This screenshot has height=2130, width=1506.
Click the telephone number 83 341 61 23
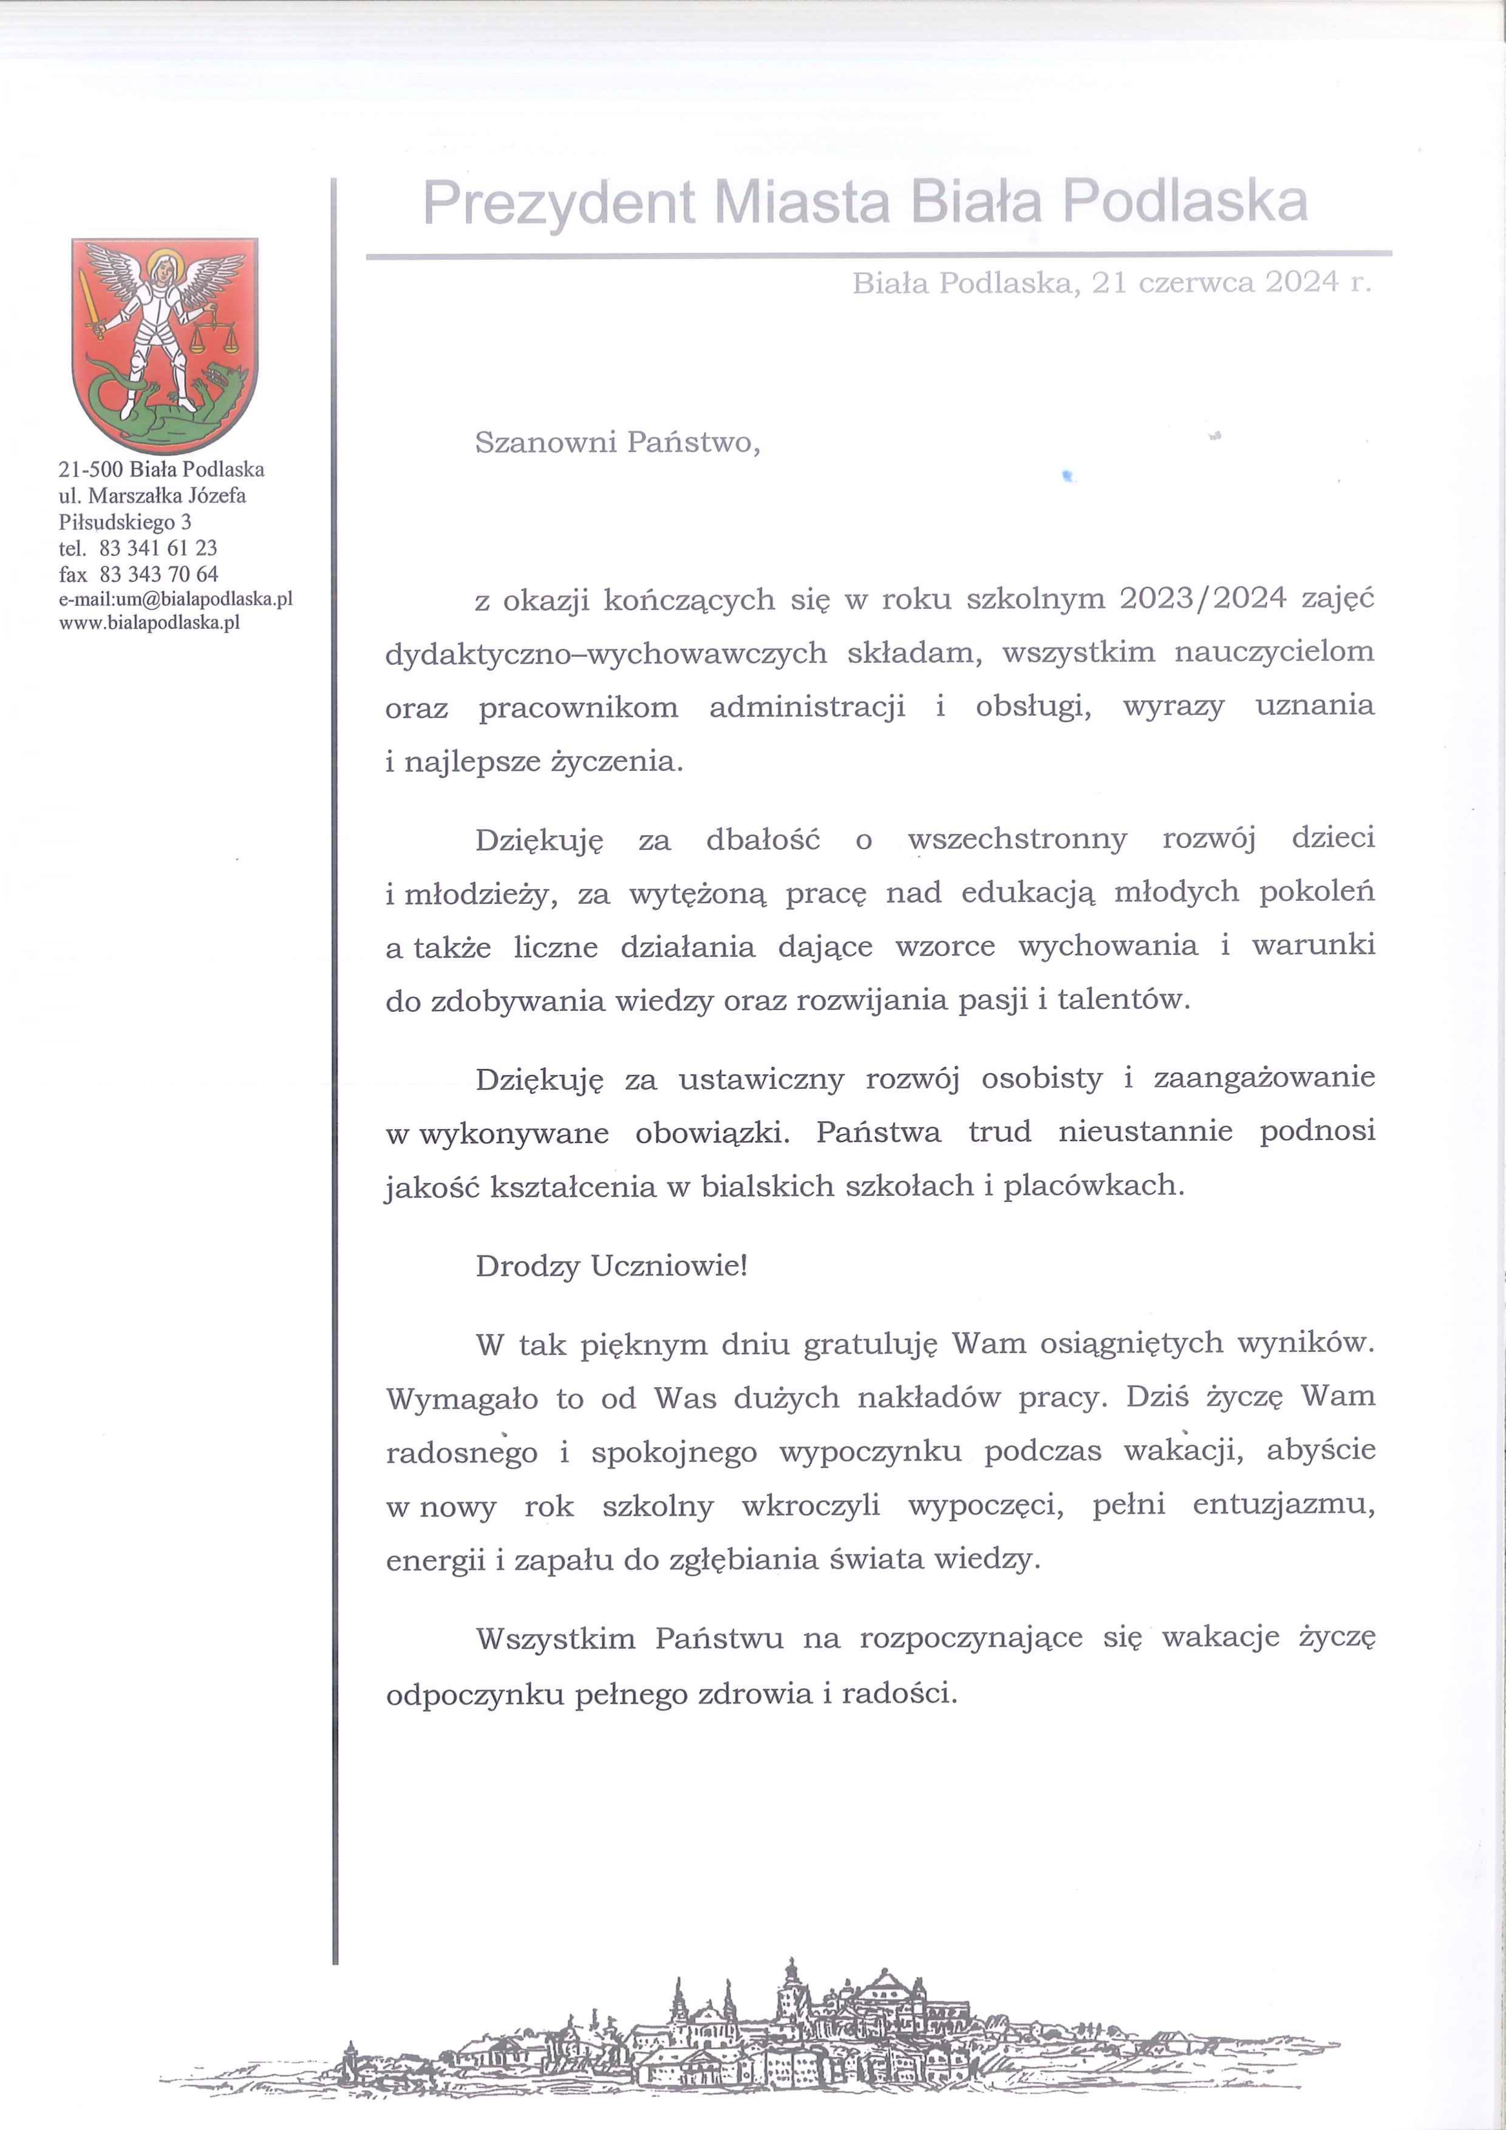point(158,548)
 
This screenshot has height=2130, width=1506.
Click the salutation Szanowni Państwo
point(616,443)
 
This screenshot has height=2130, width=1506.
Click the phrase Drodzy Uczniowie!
point(610,1266)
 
